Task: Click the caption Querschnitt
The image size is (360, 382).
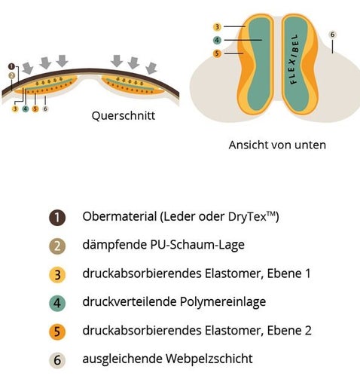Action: [124, 116]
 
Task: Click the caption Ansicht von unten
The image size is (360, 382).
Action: [277, 145]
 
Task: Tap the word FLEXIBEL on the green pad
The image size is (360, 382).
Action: [294, 59]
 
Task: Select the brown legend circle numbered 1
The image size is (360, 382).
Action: [57, 217]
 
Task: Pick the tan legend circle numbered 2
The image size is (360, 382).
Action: [57, 246]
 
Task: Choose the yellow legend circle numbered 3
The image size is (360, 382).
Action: [57, 274]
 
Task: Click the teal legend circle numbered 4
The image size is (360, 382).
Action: [57, 303]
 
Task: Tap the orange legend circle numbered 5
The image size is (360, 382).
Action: [57, 332]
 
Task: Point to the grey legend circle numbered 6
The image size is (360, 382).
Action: [57, 360]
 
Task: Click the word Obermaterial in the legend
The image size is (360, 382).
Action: [120, 216]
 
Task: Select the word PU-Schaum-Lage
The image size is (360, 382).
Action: [197, 245]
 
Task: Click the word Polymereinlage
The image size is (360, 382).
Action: [223, 302]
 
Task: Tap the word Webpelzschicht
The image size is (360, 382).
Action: [209, 359]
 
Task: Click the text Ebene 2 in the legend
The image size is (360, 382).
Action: [289, 330]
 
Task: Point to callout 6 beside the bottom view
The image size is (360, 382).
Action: [332, 35]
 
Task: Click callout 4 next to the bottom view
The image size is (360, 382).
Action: [217, 40]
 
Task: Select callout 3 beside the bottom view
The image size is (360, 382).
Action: [217, 26]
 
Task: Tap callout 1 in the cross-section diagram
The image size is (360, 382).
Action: [11, 67]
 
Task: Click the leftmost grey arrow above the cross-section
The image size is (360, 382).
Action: [28, 69]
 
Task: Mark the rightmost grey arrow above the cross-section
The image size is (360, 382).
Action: [151, 69]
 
